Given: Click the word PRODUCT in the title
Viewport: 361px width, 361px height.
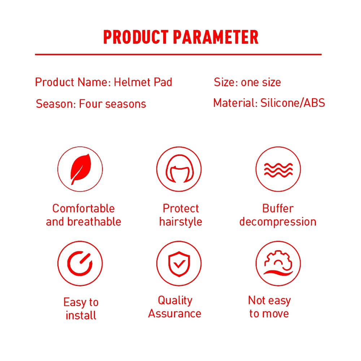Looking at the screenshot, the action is click(136, 37).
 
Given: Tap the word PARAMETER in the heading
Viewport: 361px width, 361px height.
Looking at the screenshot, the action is click(216, 37).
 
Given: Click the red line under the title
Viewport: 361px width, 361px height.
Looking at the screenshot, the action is click(178, 55).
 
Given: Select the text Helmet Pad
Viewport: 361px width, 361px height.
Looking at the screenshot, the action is click(143, 82).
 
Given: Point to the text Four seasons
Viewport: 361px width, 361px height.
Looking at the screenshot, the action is click(113, 104).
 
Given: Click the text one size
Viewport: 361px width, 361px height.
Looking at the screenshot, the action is click(261, 82).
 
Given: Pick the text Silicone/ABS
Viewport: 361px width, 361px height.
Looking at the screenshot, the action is click(293, 103).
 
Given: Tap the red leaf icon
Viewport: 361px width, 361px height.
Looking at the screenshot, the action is click(81, 169).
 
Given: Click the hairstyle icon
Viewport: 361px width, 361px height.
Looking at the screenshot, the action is click(180, 169).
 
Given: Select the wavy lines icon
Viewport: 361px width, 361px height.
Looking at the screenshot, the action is click(278, 170).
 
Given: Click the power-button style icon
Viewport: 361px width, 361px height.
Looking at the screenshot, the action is click(80, 264).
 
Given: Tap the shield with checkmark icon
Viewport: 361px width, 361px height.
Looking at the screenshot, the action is click(179, 264).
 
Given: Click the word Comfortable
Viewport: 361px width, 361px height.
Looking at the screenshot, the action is click(83, 209).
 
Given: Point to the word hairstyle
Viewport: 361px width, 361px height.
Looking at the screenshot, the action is click(180, 222).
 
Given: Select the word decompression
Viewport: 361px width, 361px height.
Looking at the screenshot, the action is click(278, 222).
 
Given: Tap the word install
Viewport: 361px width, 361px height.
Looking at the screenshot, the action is click(81, 315).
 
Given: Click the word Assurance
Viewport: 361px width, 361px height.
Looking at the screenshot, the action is click(175, 314).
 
